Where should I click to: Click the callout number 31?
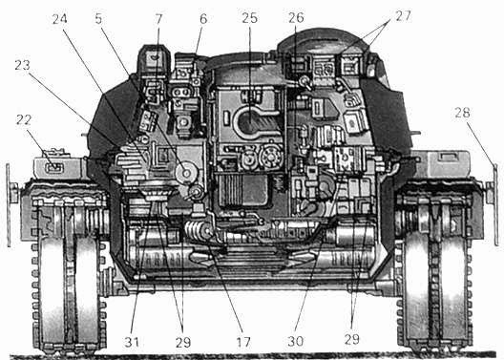[132, 338]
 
